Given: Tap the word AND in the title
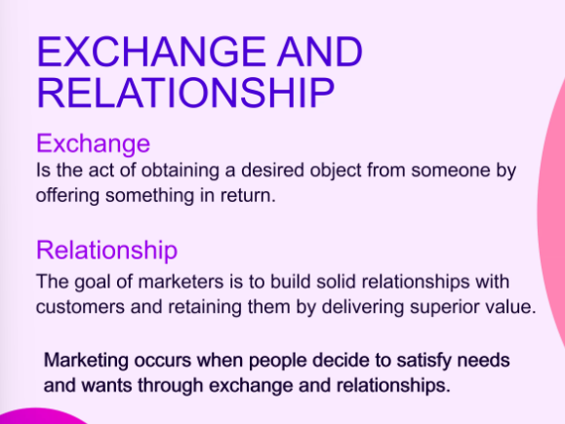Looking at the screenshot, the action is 320,52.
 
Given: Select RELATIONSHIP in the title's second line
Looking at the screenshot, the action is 185,93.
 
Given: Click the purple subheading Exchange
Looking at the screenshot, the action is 93,144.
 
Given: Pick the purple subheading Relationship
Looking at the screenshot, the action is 106,250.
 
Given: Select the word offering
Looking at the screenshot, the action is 67,196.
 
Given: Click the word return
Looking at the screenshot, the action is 248,196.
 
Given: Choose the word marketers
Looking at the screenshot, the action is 181,282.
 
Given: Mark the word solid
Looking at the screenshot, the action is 337,282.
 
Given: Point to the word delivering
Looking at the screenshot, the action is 362,307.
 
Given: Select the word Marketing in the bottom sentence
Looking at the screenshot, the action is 86,361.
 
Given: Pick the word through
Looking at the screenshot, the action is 171,385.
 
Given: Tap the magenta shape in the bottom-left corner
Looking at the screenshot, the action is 40,417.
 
